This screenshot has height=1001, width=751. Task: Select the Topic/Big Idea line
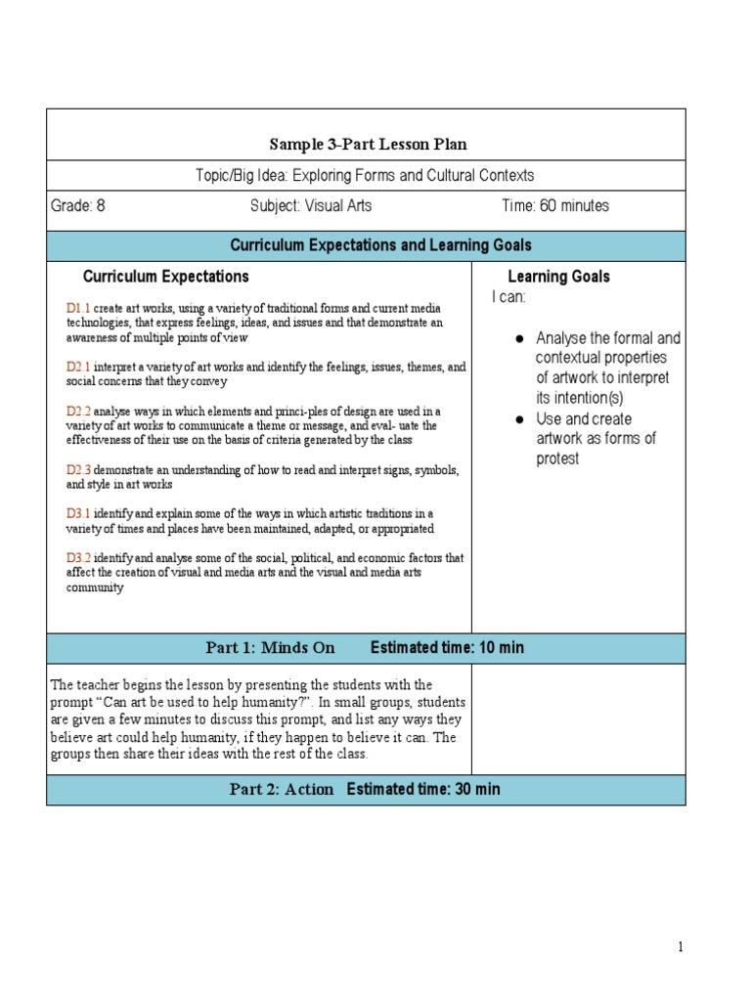tap(366, 176)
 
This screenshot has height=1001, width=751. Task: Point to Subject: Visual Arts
tap(311, 206)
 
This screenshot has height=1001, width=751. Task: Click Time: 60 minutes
tap(553, 206)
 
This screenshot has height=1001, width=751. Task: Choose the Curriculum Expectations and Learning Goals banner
tap(380, 245)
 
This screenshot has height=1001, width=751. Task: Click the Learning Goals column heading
tap(558, 277)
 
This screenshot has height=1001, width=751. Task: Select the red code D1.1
tap(78, 308)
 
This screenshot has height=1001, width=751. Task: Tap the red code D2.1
tap(78, 367)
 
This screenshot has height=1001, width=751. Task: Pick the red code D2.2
tap(78, 412)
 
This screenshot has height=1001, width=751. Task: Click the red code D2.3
tap(78, 470)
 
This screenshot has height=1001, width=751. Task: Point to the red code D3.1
tap(78, 514)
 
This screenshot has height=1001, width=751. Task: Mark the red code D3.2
tap(78, 558)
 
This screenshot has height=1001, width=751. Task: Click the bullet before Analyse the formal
tap(520, 338)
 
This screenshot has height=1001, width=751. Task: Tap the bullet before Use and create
tap(520, 419)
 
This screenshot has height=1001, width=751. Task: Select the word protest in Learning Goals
tap(558, 458)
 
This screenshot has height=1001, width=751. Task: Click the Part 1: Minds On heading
tap(270, 648)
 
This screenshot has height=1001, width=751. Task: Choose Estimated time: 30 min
tap(423, 790)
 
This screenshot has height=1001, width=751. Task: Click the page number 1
tap(679, 947)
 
